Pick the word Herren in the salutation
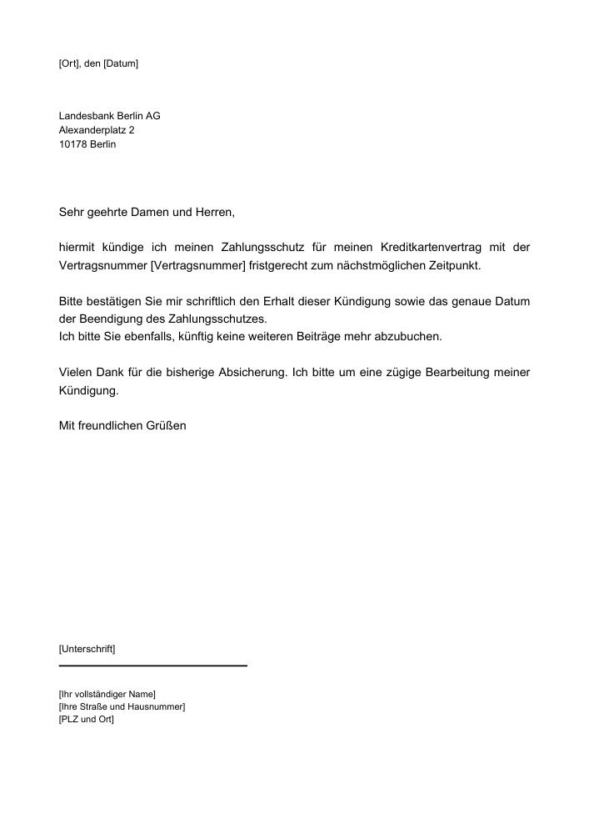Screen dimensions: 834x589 214,213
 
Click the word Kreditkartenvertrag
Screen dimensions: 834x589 431,248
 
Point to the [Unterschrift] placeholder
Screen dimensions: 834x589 87,648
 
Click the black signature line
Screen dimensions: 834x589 153,666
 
